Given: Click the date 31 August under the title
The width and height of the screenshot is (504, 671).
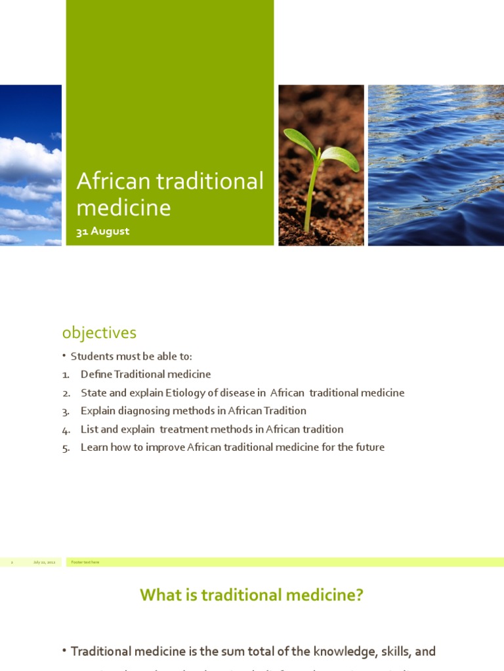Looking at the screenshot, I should [103, 231].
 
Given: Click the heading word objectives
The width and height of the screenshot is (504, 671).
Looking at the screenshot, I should [99, 333].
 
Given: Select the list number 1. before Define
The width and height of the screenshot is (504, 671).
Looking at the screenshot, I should [66, 375].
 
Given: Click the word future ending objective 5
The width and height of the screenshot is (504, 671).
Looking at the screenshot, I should [369, 448].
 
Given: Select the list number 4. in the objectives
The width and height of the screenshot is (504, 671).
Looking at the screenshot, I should [66, 430].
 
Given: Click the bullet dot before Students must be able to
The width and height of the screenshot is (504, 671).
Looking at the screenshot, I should [64, 356].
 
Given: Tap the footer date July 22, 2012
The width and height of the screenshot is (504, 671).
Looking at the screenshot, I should [44, 562].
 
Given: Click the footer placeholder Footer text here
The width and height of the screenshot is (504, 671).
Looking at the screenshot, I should [85, 562].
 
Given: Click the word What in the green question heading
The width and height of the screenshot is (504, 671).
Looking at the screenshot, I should [157, 595].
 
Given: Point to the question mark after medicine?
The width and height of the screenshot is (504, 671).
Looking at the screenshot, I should [360, 595].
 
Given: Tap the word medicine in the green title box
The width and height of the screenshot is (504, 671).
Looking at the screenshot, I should [123, 208].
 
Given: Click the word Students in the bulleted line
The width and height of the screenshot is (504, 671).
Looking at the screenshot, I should [92, 356].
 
